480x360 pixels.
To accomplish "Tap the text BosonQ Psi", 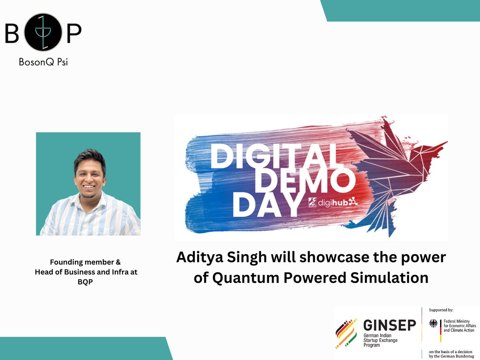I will point(43,62).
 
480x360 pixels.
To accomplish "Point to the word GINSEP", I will point(389,325).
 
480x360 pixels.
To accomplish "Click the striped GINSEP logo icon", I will point(346,333).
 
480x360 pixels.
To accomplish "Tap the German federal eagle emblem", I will point(434,323).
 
